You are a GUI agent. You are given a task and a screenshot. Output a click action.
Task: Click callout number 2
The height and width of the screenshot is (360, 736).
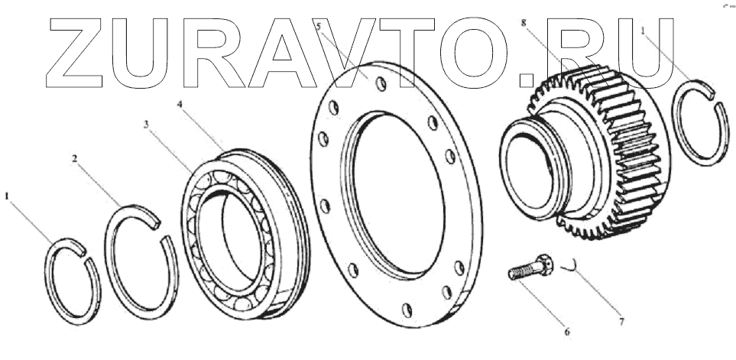pyautogui.click(x=75, y=159)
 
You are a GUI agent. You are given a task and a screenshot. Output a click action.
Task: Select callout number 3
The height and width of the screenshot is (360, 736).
pyautogui.click(x=146, y=125)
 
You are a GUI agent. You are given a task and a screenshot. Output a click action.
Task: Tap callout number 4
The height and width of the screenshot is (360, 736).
pyautogui.click(x=180, y=104)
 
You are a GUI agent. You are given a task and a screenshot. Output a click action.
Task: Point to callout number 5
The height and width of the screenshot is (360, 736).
pyautogui.click(x=319, y=26)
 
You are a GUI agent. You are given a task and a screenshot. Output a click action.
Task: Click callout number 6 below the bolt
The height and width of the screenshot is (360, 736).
pyautogui.click(x=567, y=332)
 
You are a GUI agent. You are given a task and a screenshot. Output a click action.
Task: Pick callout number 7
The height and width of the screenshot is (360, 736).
pyautogui.click(x=621, y=322)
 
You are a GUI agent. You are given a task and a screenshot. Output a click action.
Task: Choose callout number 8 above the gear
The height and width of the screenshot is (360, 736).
pyautogui.click(x=524, y=22)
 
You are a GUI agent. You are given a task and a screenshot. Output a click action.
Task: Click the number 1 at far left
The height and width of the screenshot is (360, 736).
pyautogui.click(x=7, y=196)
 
